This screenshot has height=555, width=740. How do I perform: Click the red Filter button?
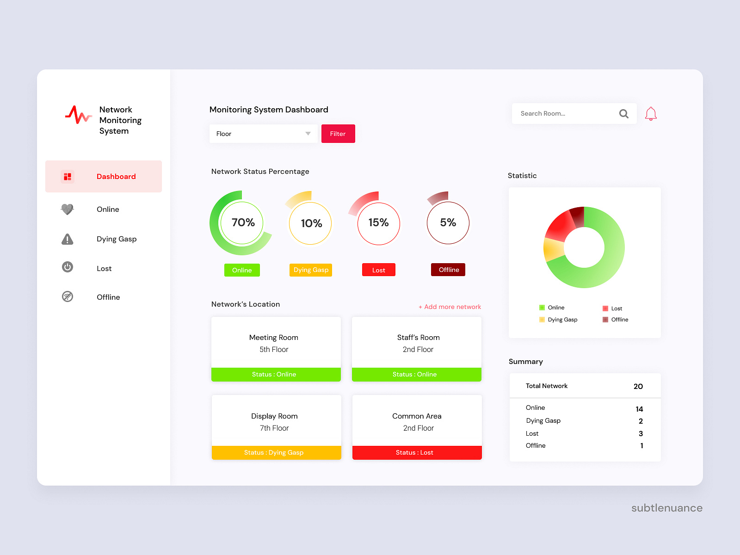[338, 134]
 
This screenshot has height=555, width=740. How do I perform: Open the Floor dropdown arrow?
[308, 134]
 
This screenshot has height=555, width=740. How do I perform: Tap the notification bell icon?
[651, 114]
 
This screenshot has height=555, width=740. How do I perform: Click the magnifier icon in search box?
[623, 114]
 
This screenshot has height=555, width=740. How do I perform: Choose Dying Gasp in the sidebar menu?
[116, 239]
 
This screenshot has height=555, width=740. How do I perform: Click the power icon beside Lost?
[68, 267]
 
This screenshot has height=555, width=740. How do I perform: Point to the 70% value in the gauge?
[243, 222]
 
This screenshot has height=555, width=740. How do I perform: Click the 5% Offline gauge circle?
[448, 222]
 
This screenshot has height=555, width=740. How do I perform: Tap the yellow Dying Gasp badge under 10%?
[311, 270]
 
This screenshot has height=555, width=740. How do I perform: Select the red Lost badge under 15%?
[378, 270]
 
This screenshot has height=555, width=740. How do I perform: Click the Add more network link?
[450, 307]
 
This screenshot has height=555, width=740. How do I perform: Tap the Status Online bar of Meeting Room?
[276, 374]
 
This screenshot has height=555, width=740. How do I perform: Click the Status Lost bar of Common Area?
[417, 452]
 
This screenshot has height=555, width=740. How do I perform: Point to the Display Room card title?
[274, 416]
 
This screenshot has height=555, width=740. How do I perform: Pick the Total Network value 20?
[638, 386]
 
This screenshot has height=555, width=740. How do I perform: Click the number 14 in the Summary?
[639, 409]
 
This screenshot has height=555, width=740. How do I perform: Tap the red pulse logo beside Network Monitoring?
[78, 115]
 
